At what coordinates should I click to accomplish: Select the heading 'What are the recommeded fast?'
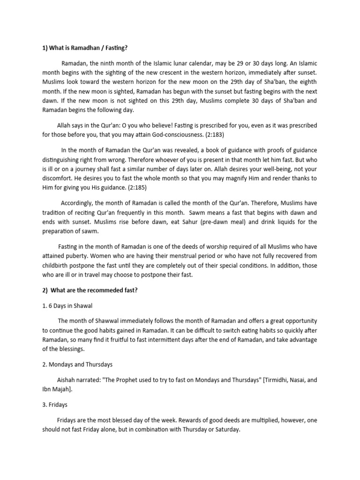point(92,290)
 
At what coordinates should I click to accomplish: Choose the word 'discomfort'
point(59,178)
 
